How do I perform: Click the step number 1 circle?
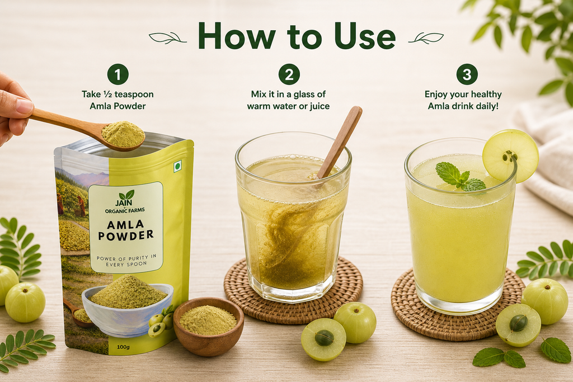[x=118, y=74]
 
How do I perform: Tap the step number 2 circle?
[x=289, y=74]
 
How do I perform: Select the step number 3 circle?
[x=467, y=74]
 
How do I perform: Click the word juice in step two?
[x=318, y=106]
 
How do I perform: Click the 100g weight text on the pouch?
[x=124, y=347]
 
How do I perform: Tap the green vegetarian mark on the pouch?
[x=177, y=167]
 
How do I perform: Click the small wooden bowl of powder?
[x=208, y=326]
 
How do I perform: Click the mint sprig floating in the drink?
[x=460, y=177]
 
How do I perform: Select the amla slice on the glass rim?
[x=510, y=155]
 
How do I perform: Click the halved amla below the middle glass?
[x=323, y=339]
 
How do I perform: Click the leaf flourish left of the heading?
[x=167, y=38]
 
